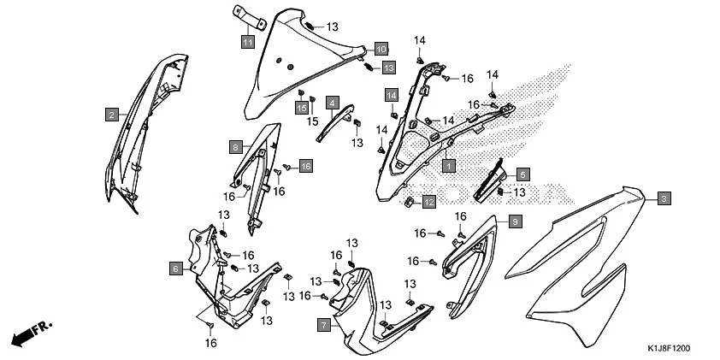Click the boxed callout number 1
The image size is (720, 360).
(x=449, y=165)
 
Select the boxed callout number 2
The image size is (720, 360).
(x=112, y=115)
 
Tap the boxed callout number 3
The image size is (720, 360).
(x=664, y=199)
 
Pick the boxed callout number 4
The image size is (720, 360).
(x=333, y=103)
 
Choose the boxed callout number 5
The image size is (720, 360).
(x=523, y=174)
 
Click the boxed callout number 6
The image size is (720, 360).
(x=176, y=269)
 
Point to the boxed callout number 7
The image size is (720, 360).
(x=324, y=326)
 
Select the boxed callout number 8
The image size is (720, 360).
(x=235, y=147)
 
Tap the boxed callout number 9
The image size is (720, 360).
(x=515, y=222)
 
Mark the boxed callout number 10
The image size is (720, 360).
(x=381, y=48)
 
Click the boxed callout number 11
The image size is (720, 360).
(x=248, y=42)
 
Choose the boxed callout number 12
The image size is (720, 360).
(x=429, y=202)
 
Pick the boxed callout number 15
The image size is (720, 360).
(x=301, y=108)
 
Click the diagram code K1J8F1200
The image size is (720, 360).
(x=669, y=349)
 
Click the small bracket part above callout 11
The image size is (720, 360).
(x=250, y=17)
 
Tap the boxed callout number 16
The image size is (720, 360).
(x=306, y=166)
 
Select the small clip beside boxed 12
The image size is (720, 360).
(x=408, y=201)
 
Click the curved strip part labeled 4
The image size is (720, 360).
(x=334, y=124)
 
